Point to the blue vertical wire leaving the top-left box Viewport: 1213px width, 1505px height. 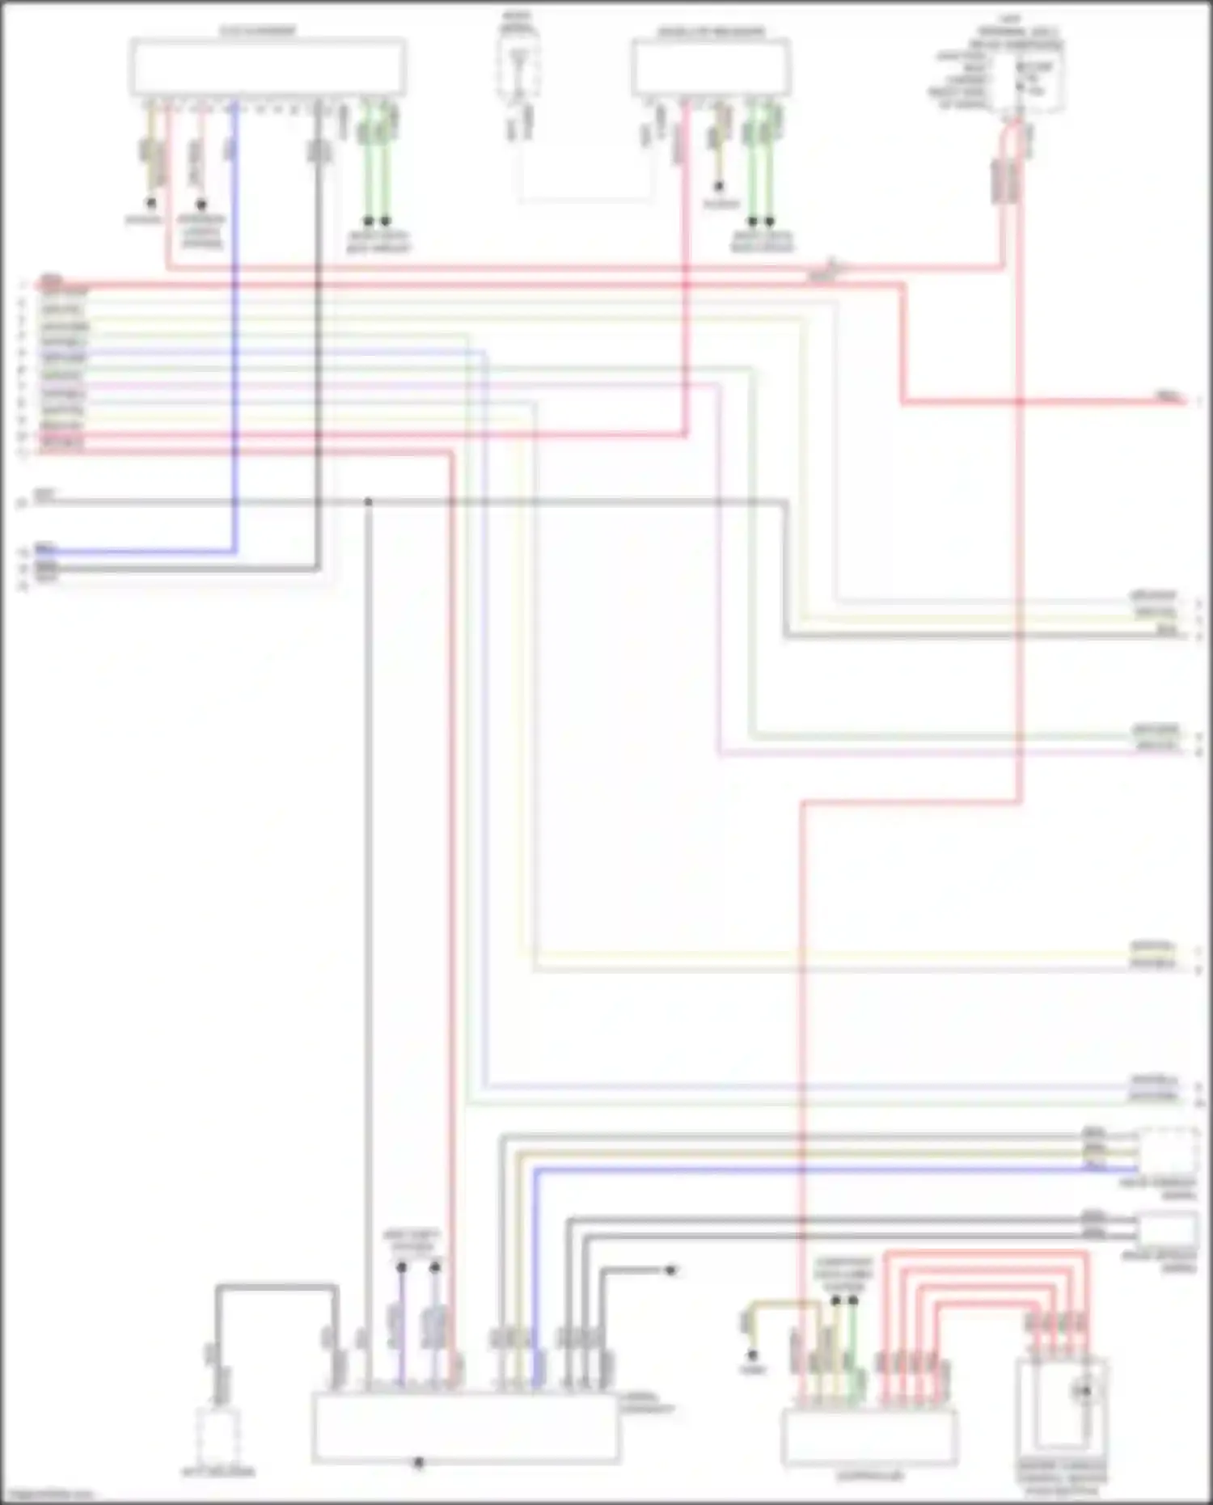click(x=235, y=323)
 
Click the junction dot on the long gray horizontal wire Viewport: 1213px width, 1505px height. click(x=368, y=502)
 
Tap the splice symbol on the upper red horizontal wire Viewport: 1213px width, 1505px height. click(x=833, y=266)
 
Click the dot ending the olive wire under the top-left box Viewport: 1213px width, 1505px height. click(x=150, y=203)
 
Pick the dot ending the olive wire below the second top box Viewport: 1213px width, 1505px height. click(x=718, y=187)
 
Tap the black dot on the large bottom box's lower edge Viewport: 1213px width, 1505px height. click(x=418, y=1462)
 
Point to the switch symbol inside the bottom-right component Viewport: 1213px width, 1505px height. click(x=1084, y=1391)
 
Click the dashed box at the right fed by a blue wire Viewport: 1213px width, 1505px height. click(x=1168, y=1151)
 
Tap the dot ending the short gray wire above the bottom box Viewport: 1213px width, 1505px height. click(x=670, y=1270)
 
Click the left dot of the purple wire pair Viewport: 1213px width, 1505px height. click(x=401, y=1268)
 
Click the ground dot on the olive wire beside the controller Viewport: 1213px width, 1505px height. click(x=752, y=1355)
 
